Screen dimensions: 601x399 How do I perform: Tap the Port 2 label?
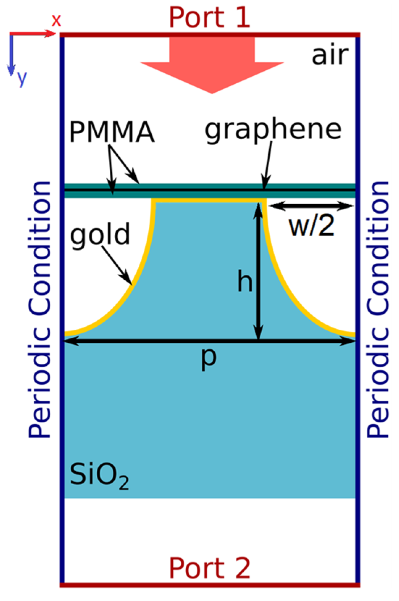tap(209, 568)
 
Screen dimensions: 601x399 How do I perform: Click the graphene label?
tap(273, 130)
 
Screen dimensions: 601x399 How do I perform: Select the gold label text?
tap(100, 235)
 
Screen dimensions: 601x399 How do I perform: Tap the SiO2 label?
tap(99, 475)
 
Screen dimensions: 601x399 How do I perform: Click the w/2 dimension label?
tap(311, 226)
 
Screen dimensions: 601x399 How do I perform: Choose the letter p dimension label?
tap(209, 358)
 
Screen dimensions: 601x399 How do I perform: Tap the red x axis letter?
tap(56, 21)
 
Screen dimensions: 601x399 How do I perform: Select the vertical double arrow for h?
tap(258, 272)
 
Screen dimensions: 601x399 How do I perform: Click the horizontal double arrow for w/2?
tap(311, 206)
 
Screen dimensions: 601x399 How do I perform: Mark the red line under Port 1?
tap(210, 35)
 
